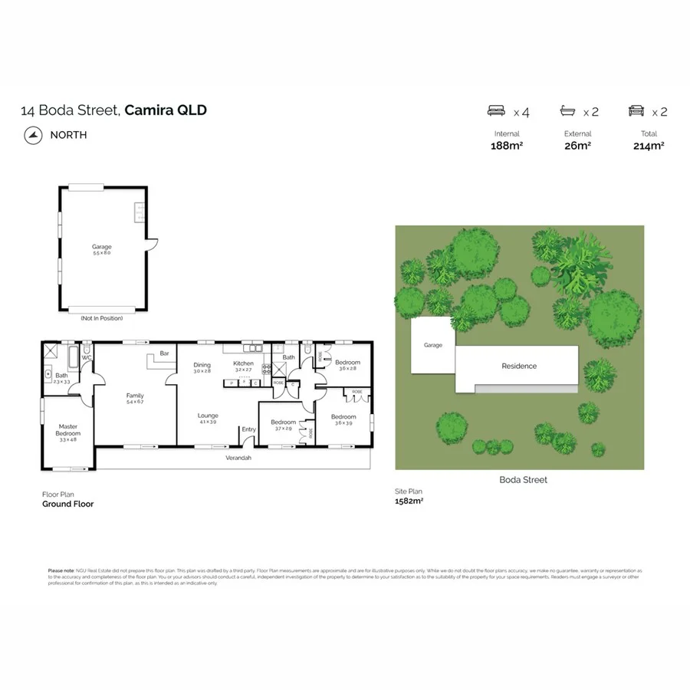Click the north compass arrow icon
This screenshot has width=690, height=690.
click(31, 135)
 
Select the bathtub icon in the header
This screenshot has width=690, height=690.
click(568, 111)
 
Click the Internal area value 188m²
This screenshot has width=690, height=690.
click(506, 146)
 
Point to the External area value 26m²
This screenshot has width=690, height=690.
click(577, 146)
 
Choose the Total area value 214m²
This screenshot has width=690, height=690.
click(649, 146)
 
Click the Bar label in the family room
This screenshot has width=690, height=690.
click(164, 354)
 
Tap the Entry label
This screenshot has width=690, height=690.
click(248, 429)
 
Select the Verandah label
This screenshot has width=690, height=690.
click(238, 458)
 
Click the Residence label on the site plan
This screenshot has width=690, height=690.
click(519, 366)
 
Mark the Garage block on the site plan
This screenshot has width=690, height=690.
click(433, 346)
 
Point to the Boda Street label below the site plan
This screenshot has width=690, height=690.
click(524, 480)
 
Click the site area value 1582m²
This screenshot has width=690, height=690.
click(409, 501)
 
